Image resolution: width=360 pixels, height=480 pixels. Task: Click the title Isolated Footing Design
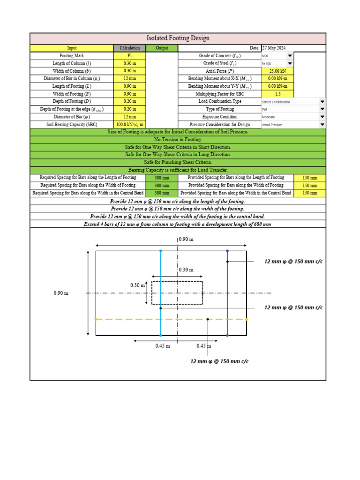click(178, 38)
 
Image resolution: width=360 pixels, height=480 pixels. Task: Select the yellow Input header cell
click(72, 48)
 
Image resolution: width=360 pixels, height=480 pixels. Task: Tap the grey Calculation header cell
click(129, 48)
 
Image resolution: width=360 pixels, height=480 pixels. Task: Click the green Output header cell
click(162, 48)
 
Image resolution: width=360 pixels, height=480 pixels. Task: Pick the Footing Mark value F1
click(129, 56)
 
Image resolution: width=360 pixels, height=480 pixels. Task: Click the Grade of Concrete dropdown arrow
click(290, 56)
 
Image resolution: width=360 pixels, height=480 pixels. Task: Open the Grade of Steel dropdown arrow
click(290, 63)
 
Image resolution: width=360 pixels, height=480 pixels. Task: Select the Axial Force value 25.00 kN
click(278, 71)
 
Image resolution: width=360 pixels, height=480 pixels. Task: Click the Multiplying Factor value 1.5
click(278, 94)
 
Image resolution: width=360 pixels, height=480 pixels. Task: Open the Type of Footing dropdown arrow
click(322, 109)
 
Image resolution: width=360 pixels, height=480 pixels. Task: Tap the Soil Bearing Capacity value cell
click(129, 124)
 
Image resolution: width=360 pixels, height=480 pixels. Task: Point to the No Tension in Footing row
click(178, 140)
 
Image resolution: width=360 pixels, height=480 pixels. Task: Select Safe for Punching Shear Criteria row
click(178, 162)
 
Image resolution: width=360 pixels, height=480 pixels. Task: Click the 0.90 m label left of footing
click(61, 293)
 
